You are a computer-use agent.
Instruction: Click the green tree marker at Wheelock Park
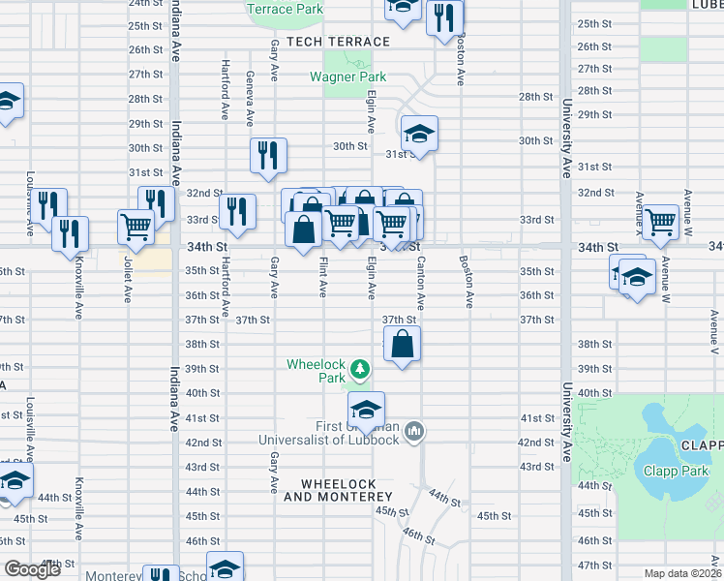pyautogui.click(x=360, y=369)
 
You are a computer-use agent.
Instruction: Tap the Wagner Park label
pyautogui.click(x=347, y=76)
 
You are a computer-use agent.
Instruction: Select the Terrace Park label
pyautogui.click(x=285, y=9)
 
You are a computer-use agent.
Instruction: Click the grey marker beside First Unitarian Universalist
pyautogui.click(x=413, y=429)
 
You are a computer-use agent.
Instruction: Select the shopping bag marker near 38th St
pyautogui.click(x=403, y=344)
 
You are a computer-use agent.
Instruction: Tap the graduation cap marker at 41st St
pyautogui.click(x=366, y=410)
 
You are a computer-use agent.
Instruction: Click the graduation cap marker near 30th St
pyautogui.click(x=420, y=134)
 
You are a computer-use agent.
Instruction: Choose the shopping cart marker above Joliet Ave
pyautogui.click(x=136, y=228)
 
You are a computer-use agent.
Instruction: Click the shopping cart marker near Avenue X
pyautogui.click(x=660, y=222)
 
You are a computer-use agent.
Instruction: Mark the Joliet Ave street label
pyautogui.click(x=127, y=280)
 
